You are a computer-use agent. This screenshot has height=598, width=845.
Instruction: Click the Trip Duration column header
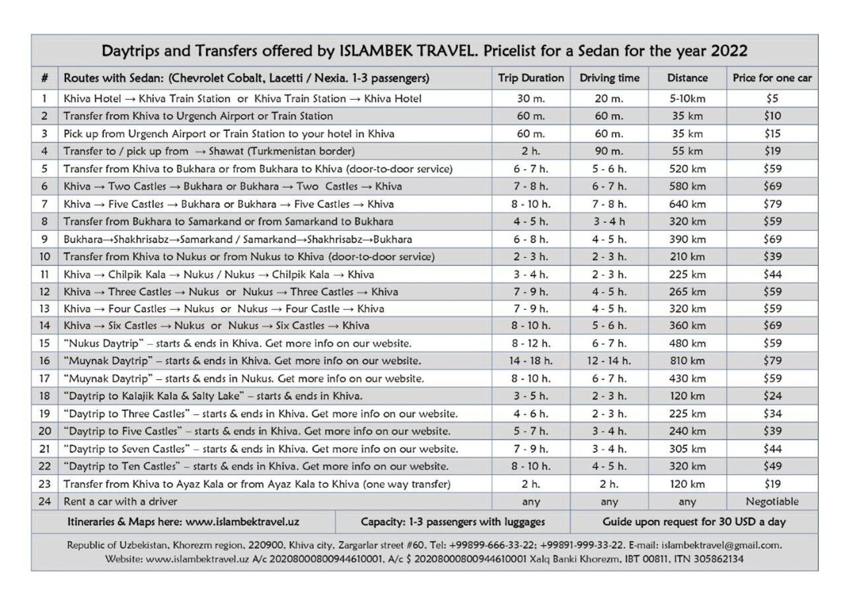coord(531,78)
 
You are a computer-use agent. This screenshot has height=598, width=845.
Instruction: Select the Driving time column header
coord(609,78)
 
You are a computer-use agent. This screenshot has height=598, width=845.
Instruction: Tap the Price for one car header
coord(772,78)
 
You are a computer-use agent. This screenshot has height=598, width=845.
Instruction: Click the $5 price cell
coord(772,98)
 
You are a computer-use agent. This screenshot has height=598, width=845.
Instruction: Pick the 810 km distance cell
coord(687,361)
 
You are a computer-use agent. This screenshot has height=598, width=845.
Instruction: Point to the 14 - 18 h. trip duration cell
coord(531,361)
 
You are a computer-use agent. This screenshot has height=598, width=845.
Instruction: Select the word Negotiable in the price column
coord(772,502)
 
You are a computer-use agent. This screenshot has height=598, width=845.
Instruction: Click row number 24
coord(44,502)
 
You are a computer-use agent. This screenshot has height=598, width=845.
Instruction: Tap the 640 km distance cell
coord(687,204)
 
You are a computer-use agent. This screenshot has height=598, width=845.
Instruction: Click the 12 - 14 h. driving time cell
coord(609,361)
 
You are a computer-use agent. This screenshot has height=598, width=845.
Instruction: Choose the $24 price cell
coord(772,396)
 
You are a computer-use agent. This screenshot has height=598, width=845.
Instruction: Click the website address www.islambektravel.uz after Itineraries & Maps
coord(242,522)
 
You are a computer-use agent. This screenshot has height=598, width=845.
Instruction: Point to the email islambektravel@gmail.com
coord(721,546)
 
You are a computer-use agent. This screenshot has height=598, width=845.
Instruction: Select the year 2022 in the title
coord(725,51)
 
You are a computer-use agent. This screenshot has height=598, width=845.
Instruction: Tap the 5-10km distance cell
coord(687,98)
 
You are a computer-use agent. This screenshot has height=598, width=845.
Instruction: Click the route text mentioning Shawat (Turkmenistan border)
coord(209,151)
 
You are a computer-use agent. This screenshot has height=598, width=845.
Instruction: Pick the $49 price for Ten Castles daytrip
coord(772,467)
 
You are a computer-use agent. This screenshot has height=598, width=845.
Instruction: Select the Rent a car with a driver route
coord(111,502)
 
